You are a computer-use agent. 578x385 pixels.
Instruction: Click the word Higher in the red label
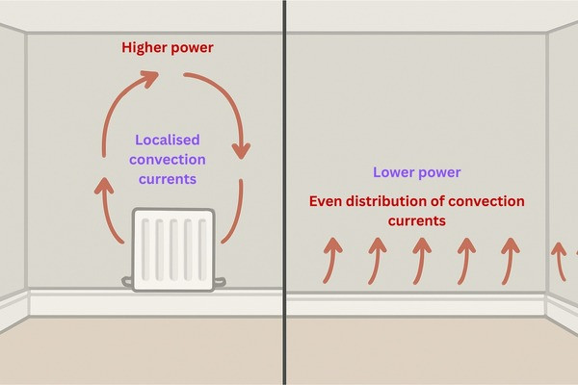[143, 47]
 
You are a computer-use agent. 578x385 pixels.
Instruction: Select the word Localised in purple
[169, 140]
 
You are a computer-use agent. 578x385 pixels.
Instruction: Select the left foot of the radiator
[129, 281]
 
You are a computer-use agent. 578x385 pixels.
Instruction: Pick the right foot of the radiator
[223, 281]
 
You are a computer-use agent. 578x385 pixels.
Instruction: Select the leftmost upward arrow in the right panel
[331, 260]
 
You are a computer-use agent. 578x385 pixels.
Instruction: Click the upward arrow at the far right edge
[558, 260]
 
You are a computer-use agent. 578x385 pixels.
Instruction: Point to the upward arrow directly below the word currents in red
[420, 260]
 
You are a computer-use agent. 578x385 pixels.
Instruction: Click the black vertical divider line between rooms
[285, 192]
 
